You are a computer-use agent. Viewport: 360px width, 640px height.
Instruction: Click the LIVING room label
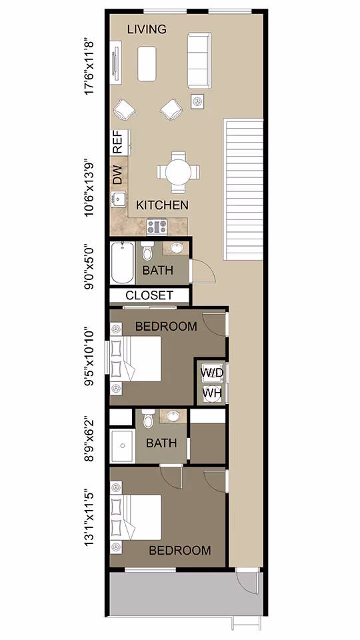pyautogui.click(x=146, y=29)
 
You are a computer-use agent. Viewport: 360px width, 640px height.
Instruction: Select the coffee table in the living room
pyautogui.click(x=147, y=63)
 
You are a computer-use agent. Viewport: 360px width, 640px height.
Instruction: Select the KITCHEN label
pyautogui.click(x=162, y=205)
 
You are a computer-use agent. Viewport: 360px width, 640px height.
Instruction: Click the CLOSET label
pyautogui.click(x=149, y=295)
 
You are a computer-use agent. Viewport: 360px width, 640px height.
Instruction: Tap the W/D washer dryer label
pyautogui.click(x=212, y=372)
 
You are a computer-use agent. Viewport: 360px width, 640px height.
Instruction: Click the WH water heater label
pyautogui.click(x=212, y=393)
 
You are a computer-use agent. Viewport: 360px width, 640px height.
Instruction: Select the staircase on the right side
pyautogui.click(x=244, y=190)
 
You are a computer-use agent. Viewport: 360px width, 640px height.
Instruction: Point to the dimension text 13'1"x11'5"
pyautogui.click(x=92, y=519)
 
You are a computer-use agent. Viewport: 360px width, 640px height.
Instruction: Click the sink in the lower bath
pyautogui.click(x=173, y=417)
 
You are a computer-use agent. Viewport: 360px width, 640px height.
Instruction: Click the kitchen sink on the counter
pyautogui.click(x=118, y=199)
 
